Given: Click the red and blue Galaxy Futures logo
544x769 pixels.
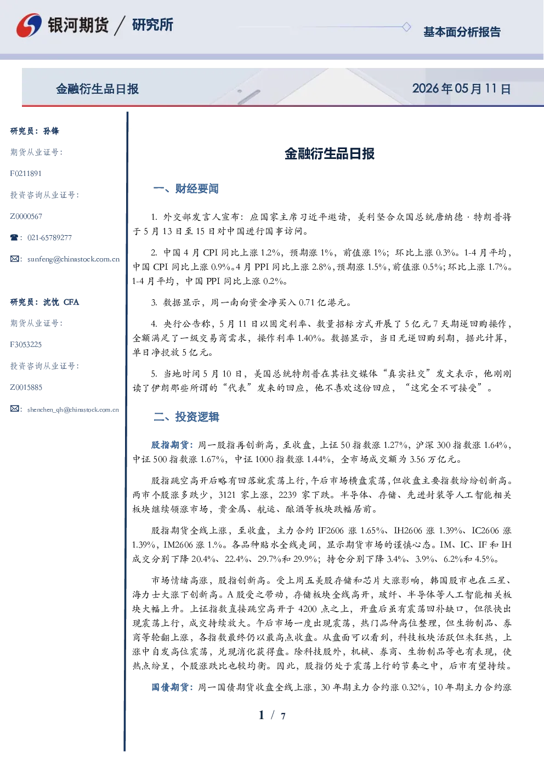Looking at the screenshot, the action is click(29, 25).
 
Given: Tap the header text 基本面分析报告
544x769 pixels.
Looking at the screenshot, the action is click(462, 32).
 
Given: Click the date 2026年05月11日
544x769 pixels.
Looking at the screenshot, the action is click(462, 89).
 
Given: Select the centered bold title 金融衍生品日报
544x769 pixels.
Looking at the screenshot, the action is click(330, 153).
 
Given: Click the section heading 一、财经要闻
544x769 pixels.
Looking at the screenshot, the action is click(186, 189).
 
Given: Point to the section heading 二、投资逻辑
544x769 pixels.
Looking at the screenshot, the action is click(186, 417).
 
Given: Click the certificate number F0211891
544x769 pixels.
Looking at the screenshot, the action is click(26, 173).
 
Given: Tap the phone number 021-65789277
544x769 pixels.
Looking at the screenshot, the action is click(49, 237).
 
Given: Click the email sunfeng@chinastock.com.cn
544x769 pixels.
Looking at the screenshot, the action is click(73, 259).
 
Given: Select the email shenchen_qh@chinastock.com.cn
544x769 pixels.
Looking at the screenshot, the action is click(73, 409).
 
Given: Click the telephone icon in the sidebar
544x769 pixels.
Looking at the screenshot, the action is click(14, 237).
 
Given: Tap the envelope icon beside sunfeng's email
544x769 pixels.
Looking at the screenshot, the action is click(14, 259).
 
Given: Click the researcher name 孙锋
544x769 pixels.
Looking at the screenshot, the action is click(51, 131).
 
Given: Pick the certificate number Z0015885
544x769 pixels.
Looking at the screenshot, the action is click(26, 388).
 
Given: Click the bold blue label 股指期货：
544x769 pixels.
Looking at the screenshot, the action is click(173, 445).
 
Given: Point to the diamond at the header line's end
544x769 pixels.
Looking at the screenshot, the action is click(406, 27).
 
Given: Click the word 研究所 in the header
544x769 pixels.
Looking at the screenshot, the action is click(152, 25).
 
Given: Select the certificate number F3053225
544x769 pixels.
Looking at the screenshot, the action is click(26, 345).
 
